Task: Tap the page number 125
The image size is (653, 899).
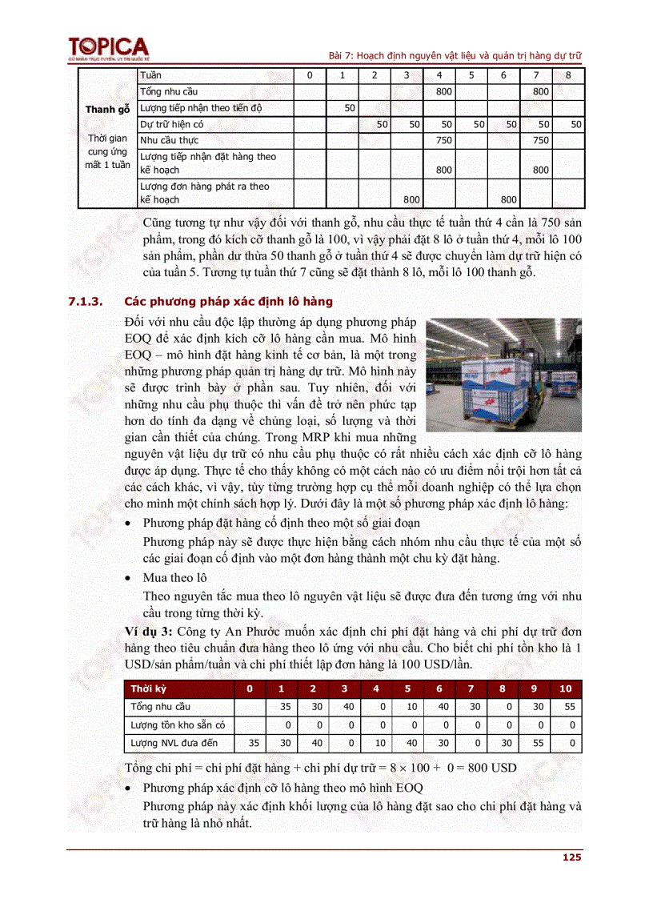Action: pyautogui.click(x=571, y=857)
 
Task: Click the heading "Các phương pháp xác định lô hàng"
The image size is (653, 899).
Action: pyautogui.click(x=228, y=302)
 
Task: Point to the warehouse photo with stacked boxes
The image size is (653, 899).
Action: pyautogui.click(x=503, y=374)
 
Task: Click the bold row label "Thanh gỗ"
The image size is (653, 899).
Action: pyautogui.click(x=107, y=110)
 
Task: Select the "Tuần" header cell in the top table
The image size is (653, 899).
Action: pyautogui.click(x=150, y=75)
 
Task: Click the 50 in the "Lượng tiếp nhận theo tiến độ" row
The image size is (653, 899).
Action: pyautogui.click(x=349, y=107)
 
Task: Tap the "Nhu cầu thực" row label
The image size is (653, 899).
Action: pyautogui.click(x=169, y=140)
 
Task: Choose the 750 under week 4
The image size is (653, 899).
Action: pyautogui.click(x=443, y=140)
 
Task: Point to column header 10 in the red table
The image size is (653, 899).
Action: pyautogui.click(x=565, y=688)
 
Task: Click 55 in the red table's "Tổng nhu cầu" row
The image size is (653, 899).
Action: pyautogui.click(x=569, y=706)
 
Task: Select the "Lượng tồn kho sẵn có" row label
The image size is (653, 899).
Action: pyautogui.click(x=178, y=725)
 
